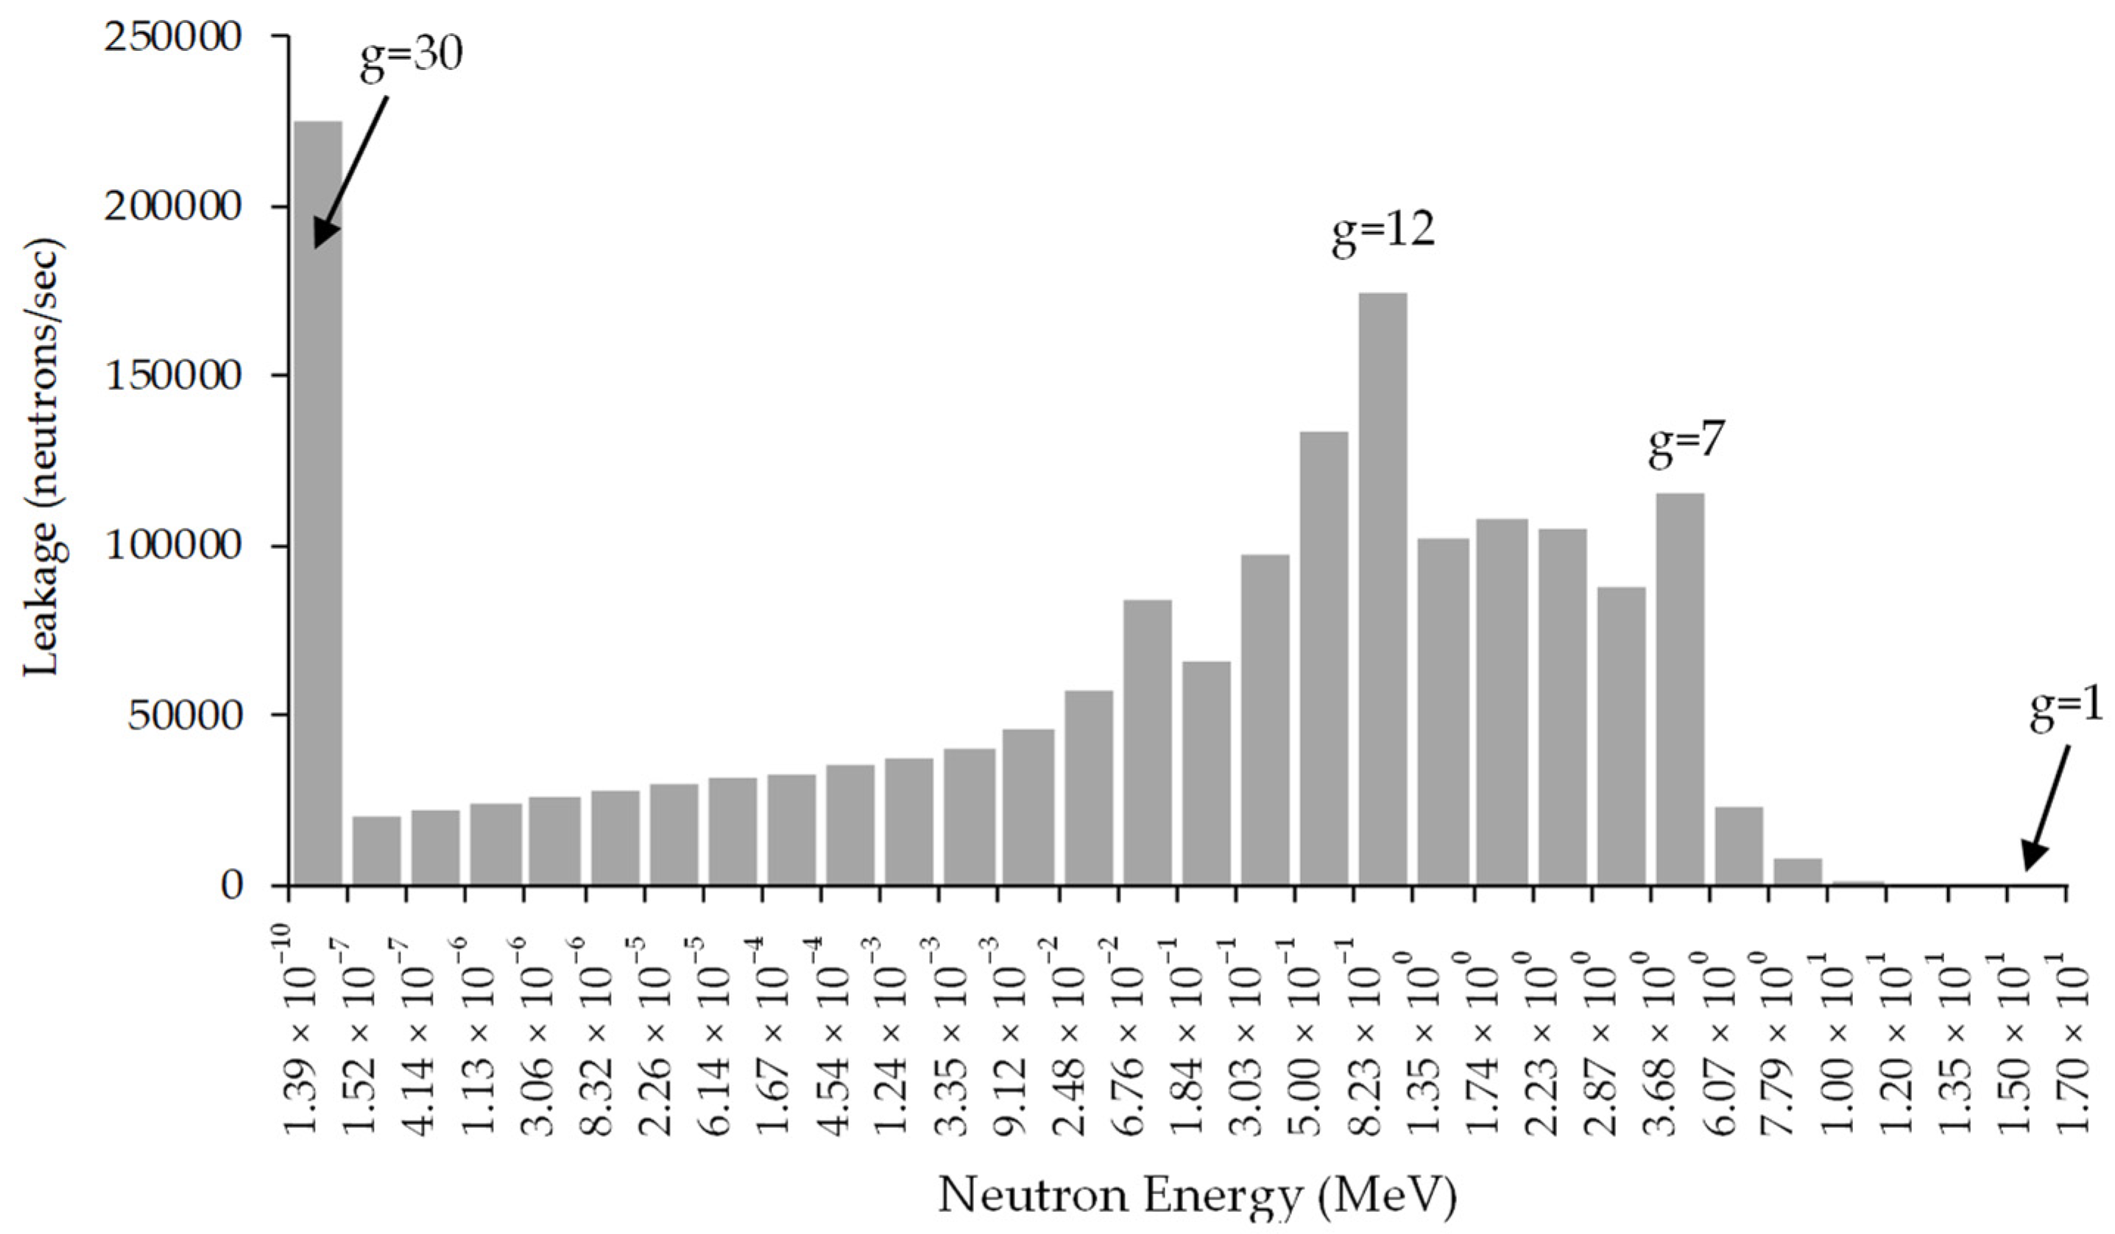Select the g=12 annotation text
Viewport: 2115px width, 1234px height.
point(1383,232)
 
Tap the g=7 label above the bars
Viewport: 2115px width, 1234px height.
point(1686,447)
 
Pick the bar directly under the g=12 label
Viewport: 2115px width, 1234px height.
point(1383,588)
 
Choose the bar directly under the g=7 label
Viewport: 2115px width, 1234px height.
point(1680,688)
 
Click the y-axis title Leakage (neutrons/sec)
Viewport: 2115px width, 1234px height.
point(42,457)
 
